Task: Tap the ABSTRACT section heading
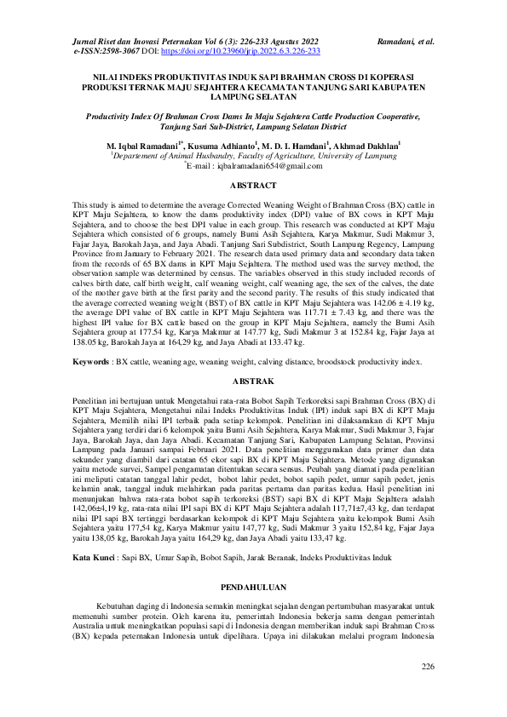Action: pyautogui.click(x=254, y=184)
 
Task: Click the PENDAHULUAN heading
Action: pyautogui.click(x=254, y=587)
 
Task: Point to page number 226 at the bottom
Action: pyautogui.click(x=428, y=665)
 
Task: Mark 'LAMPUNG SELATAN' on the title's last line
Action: pyautogui.click(x=254, y=96)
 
